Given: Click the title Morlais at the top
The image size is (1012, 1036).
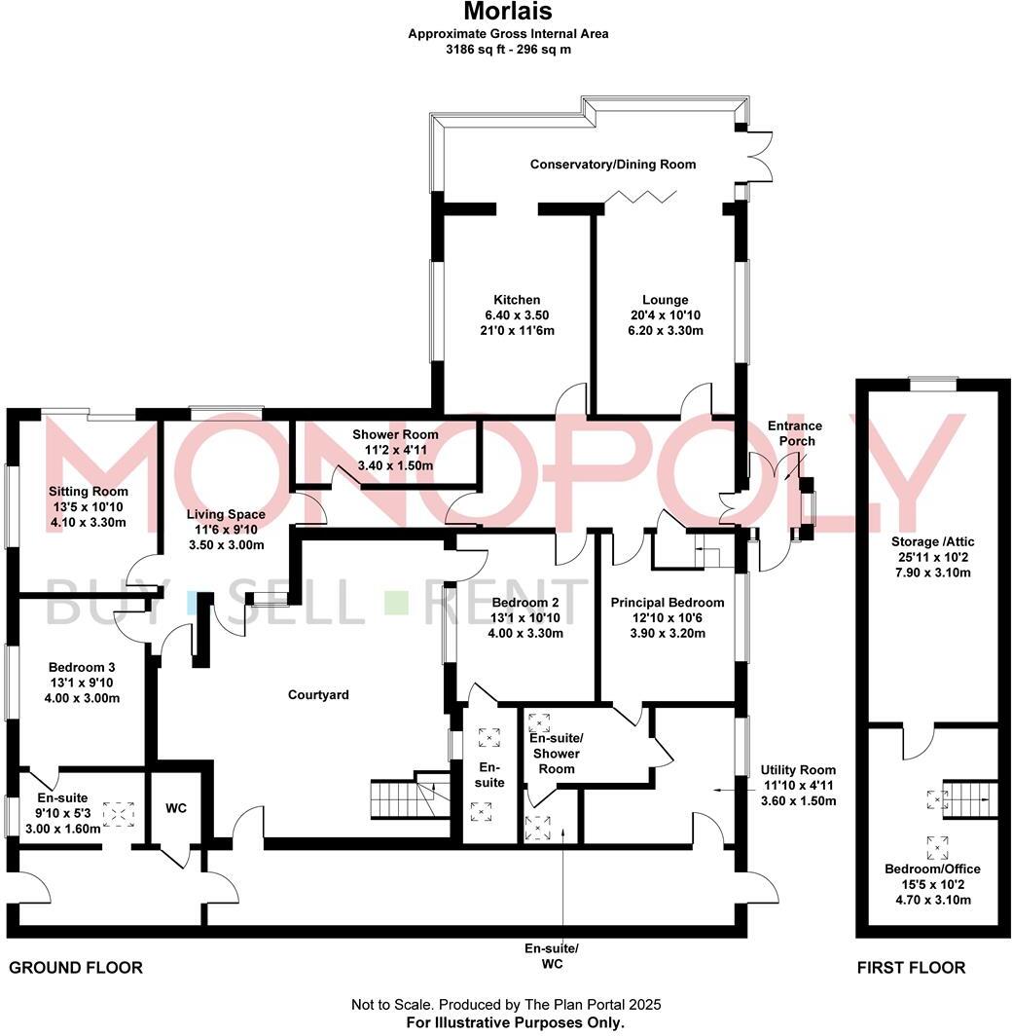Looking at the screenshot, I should pos(506,13).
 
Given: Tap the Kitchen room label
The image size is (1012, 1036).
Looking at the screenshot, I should pos(516,300).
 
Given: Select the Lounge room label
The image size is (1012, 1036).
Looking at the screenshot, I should pos(665,300).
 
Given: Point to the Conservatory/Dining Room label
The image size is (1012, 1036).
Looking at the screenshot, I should pos(612,165).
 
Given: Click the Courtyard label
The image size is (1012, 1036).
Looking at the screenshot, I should pos(318,695).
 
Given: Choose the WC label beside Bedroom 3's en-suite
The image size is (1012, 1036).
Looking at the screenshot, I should pos(176,808).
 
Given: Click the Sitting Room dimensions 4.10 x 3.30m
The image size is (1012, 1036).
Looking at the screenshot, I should pos(89,522).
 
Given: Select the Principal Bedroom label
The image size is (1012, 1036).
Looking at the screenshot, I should pos(667,603).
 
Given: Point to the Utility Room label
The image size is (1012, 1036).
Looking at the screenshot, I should pos(798,769).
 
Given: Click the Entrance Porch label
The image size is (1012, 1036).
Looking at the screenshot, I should pos(795,433).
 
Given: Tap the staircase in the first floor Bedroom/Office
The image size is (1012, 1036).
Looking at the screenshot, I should pos(971,799).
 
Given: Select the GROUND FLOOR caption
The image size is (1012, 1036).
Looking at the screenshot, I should pos(76,967).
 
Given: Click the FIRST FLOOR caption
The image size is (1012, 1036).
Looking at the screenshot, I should pos(911,967).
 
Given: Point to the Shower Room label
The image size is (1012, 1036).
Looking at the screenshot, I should pos(395,434).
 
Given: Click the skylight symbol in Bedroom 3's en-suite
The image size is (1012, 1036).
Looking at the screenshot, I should pos(120,813).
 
